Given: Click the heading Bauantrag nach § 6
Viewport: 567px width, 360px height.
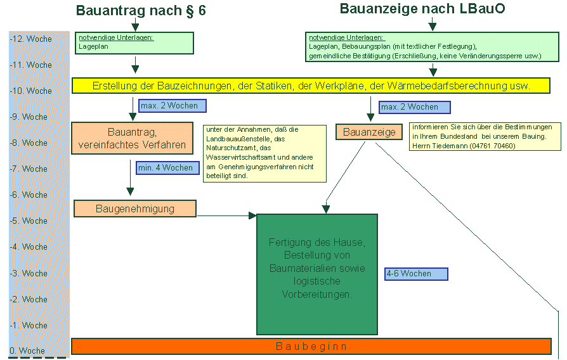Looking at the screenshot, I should point(141,11).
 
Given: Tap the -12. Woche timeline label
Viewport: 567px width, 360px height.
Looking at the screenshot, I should point(31,39).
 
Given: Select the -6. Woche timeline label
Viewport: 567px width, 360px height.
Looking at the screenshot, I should point(29,195).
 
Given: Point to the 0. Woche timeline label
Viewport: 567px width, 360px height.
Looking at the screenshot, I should point(27,350).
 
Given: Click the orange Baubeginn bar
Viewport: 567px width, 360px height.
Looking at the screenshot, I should point(311,347).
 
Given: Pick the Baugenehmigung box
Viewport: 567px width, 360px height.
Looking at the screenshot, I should point(135,209).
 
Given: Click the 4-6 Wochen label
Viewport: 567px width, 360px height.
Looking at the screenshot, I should point(416,274).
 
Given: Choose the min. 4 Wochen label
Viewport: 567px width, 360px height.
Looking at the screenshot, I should point(165,168).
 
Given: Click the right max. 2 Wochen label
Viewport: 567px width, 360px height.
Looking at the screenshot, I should point(414,107).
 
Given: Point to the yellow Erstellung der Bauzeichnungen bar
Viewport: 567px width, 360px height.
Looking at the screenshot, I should point(310,86).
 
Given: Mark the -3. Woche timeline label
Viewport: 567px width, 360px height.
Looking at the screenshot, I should point(29,273).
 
